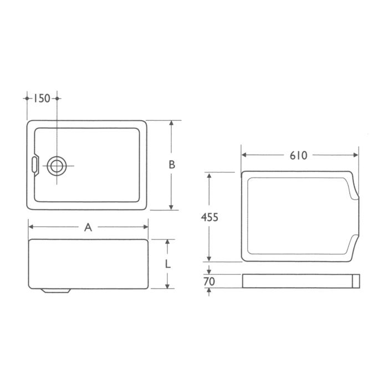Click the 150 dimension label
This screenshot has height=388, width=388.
click(42, 99)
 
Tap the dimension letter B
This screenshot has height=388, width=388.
click(172, 165)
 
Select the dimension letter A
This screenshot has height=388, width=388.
click(88, 227)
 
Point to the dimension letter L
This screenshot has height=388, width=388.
click(167, 264)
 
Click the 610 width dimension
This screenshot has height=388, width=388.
click(298, 156)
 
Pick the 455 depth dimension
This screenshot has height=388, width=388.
click(209, 217)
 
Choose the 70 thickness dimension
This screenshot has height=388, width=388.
click(208, 282)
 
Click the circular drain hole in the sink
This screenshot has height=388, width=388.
click(57, 165)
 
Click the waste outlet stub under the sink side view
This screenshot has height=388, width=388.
click(55, 290)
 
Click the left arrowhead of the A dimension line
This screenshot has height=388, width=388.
click(32, 227)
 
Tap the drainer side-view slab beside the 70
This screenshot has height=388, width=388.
click(299, 281)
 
